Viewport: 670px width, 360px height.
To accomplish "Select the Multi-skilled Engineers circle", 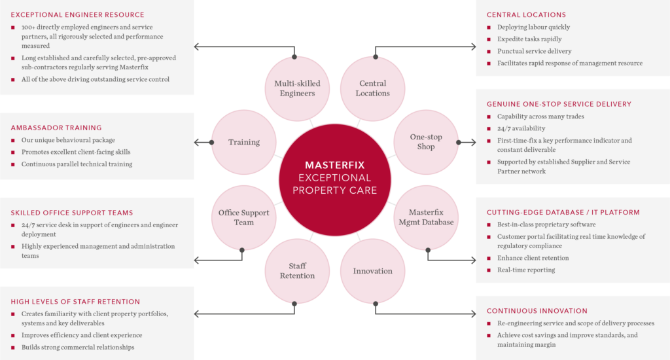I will pyautogui.click(x=294, y=88).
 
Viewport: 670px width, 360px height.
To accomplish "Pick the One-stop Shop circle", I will pyautogui.click(x=426, y=142).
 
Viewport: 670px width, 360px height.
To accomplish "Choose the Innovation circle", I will pyautogui.click(x=373, y=271).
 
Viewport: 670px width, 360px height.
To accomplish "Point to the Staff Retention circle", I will pyautogui.click(x=293, y=271).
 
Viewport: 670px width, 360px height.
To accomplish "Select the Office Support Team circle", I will pyautogui.click(x=243, y=217).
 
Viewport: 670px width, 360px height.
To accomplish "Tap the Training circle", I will pyautogui.click(x=244, y=142).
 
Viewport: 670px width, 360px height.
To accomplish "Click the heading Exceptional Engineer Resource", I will pyautogui.click(x=77, y=15).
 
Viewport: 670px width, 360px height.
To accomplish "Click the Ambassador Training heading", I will pyautogui.click(x=56, y=128).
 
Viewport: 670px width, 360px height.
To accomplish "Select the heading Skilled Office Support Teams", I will pyautogui.click(x=72, y=213).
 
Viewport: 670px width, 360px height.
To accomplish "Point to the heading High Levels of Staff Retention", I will pyautogui.click(x=75, y=302).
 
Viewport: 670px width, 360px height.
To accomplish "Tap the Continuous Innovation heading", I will pyautogui.click(x=537, y=311).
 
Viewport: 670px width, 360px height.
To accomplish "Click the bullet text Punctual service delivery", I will pyautogui.click(x=534, y=51).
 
